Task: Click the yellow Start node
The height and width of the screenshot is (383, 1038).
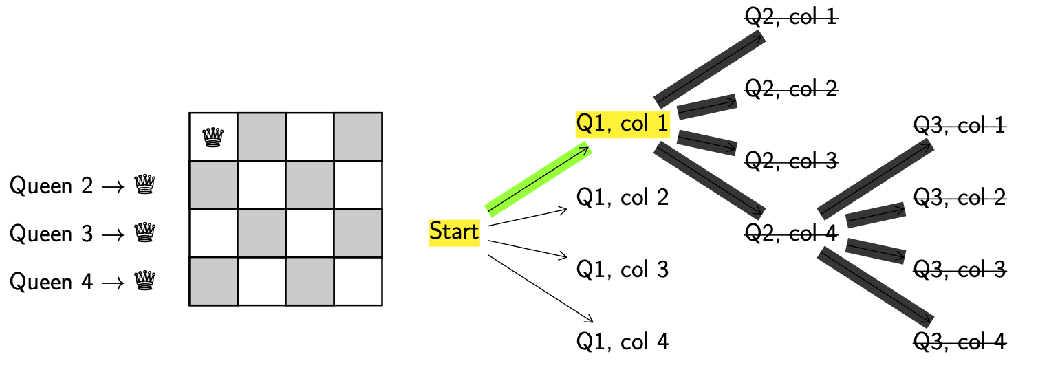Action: coord(454,232)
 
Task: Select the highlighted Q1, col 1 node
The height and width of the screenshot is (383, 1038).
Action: coord(622,124)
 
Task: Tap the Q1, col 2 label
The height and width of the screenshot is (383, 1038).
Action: coord(622,198)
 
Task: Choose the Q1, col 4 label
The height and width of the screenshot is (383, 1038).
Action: coord(622,341)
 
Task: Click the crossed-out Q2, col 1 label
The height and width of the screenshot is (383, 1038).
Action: coord(791,17)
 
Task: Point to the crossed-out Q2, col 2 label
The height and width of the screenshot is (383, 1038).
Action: coord(791,89)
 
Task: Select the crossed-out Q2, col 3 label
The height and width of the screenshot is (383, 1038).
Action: coord(791,162)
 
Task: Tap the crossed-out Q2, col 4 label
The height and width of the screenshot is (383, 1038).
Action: coord(791,234)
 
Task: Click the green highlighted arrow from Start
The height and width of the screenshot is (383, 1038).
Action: coord(539,179)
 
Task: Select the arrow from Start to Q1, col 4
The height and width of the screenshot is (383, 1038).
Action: coord(540,288)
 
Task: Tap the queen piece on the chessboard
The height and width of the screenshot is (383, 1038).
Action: coord(213,138)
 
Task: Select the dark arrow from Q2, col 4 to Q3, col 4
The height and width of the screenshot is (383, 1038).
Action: coord(875,287)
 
